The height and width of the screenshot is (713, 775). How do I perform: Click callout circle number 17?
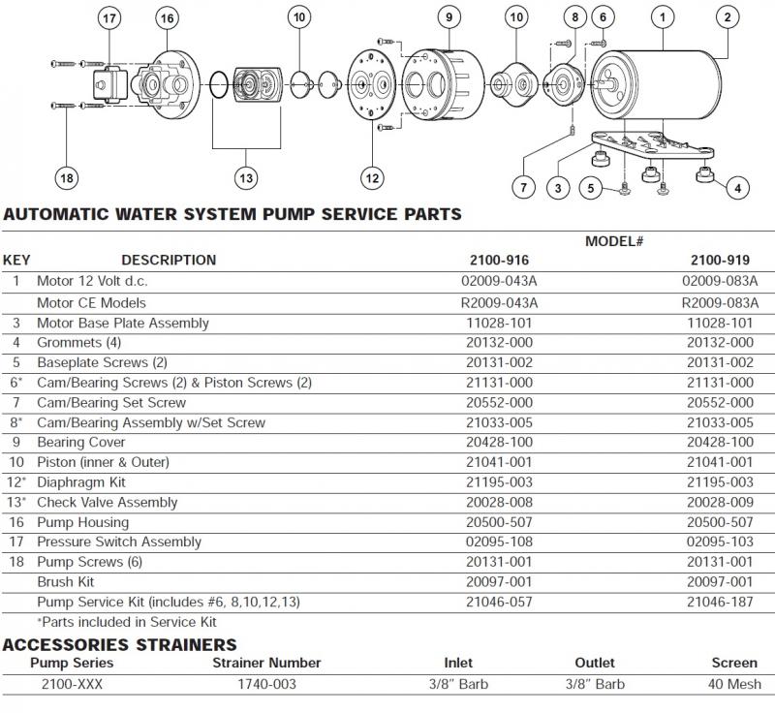tap(109, 18)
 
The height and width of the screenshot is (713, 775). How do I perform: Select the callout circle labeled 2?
tap(726, 15)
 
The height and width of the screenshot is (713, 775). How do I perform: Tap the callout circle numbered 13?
tap(245, 177)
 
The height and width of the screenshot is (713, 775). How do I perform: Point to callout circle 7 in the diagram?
tap(523, 186)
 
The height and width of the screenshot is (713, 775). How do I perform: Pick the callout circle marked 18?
tap(67, 177)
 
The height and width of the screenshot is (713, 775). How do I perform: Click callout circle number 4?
tap(737, 188)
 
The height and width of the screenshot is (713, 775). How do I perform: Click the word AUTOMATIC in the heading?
tap(54, 215)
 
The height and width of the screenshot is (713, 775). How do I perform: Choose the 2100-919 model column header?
tap(718, 260)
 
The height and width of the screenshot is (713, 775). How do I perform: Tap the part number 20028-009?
tap(718, 502)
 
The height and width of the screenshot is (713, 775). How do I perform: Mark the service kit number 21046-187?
tap(718, 602)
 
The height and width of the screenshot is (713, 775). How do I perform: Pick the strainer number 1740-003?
tap(266, 684)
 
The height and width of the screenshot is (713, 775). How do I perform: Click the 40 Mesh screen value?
tap(734, 684)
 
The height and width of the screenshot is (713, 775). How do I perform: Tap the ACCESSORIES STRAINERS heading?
tap(120, 644)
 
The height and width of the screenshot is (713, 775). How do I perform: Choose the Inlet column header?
tap(458, 663)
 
